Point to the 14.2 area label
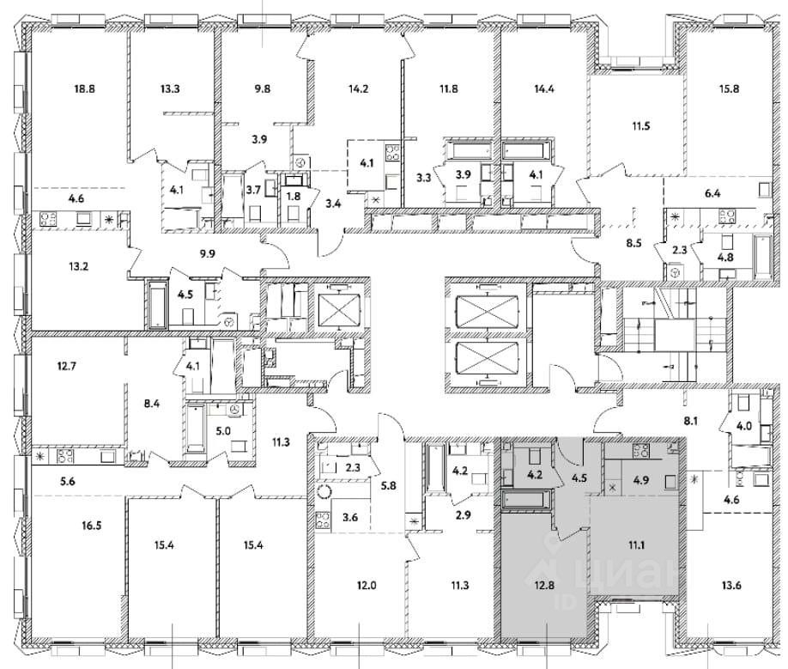click(354, 88)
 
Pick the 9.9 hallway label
click(209, 254)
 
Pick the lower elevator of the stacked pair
click(487, 357)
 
